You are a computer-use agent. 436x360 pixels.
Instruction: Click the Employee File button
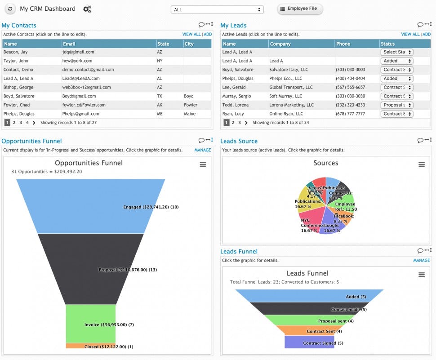300,9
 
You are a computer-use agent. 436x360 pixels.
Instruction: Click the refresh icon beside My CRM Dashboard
10,9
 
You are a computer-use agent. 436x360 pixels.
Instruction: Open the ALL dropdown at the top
217,9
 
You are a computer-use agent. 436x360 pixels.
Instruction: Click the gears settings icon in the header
87,9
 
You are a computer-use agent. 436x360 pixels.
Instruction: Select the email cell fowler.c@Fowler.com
84,105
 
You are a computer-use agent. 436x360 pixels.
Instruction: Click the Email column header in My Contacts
69,44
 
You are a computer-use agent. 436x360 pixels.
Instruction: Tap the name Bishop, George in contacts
18,87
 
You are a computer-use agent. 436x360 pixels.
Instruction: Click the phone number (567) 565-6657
350,87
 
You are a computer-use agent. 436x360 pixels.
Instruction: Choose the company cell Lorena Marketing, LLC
291,105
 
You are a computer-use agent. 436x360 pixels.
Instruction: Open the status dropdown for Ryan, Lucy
397,114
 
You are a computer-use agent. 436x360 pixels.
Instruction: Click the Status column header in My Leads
387,44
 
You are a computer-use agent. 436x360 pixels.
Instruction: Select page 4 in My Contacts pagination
27,123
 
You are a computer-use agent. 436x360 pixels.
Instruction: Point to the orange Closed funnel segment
90,346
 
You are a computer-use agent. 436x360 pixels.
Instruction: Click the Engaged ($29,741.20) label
151,207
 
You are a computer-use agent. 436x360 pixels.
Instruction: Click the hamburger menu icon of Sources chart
421,164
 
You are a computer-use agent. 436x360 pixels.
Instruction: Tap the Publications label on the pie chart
308,202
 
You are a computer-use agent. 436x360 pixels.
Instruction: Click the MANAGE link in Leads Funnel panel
421,260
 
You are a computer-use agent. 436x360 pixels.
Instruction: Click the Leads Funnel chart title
307,273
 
